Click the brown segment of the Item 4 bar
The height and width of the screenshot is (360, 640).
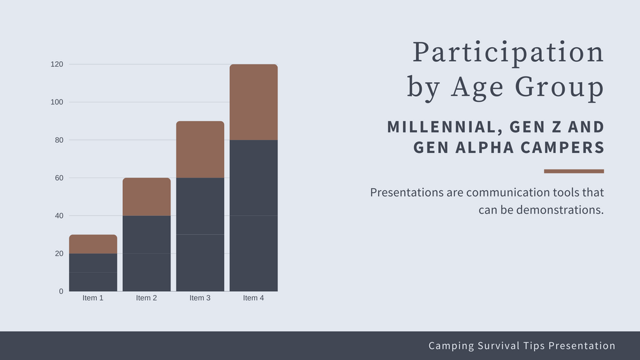[x=253, y=102]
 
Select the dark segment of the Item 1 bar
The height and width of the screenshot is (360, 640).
[x=93, y=272]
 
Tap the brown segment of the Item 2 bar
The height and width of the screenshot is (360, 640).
[x=146, y=197]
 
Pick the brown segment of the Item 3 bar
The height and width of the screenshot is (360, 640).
[x=200, y=149]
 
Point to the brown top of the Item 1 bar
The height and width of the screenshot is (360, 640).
[x=93, y=244]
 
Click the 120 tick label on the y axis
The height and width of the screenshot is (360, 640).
[x=57, y=64]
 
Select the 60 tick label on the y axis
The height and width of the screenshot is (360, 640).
[x=59, y=178]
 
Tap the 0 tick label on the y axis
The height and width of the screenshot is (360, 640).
[x=61, y=291]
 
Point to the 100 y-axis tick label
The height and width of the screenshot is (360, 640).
[x=57, y=102]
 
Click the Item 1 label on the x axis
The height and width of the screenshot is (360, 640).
[x=93, y=298]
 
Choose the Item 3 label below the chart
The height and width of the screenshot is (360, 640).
[x=200, y=298]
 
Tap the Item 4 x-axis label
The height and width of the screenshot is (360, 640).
[x=253, y=298]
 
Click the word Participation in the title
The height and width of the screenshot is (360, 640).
[x=508, y=53]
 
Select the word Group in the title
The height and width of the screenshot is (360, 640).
[x=559, y=87]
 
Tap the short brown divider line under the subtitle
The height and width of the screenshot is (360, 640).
[x=574, y=171]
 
